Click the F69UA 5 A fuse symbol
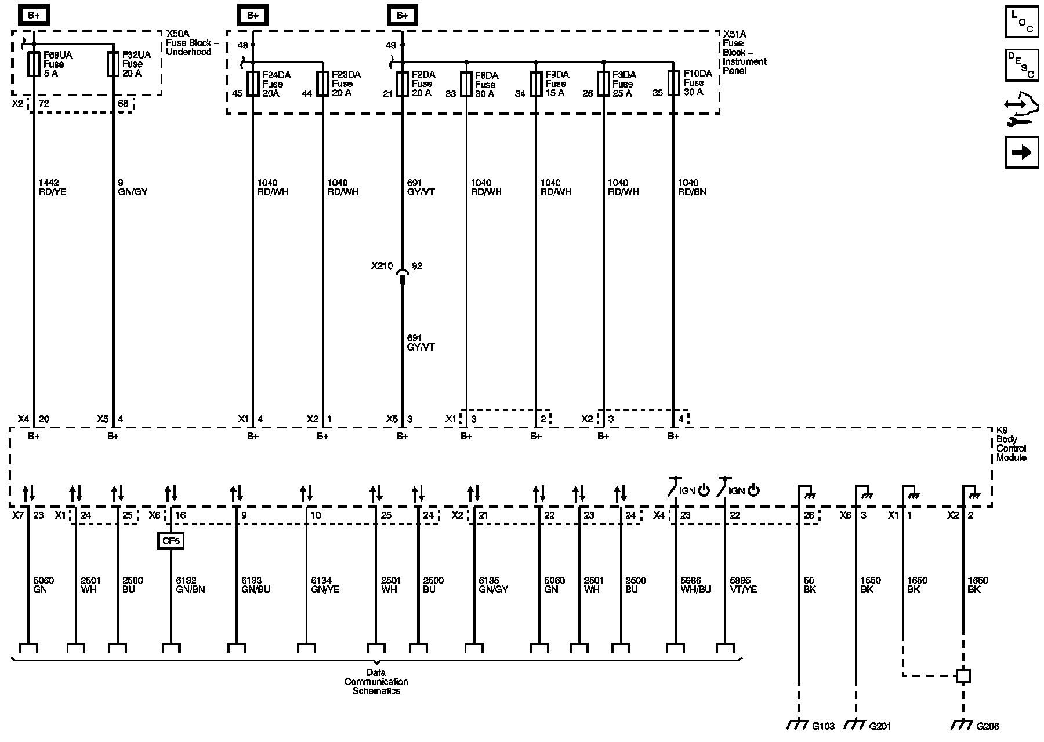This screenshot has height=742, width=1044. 34,64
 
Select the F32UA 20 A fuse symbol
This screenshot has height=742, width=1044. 113,64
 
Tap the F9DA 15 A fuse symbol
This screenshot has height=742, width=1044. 536,83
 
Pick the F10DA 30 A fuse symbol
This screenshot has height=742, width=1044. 673,83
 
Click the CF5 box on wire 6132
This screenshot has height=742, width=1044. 171,541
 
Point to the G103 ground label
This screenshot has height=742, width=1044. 824,725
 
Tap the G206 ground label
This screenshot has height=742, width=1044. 988,725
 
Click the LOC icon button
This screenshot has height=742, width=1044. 1022,22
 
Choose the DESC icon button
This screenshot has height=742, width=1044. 1022,65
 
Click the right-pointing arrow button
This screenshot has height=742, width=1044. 1022,152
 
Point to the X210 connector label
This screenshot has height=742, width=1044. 382,266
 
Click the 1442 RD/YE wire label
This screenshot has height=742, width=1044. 52,187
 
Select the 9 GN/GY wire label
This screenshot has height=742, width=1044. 132,187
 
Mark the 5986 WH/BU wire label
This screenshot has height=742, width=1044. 695,585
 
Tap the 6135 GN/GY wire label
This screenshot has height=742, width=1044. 493,585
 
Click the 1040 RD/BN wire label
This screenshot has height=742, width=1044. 692,187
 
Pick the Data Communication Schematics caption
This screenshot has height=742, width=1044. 376,682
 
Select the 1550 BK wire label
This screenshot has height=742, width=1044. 871,585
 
